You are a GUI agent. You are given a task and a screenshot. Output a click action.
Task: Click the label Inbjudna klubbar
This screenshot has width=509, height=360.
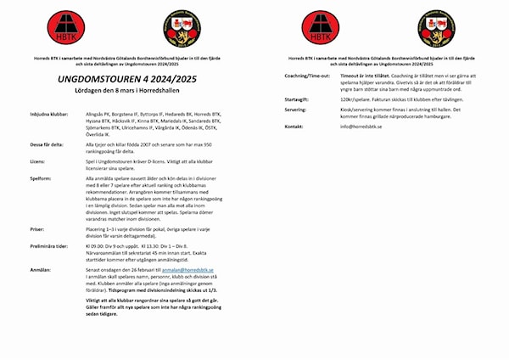pyautogui.click(x=48, y=111)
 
